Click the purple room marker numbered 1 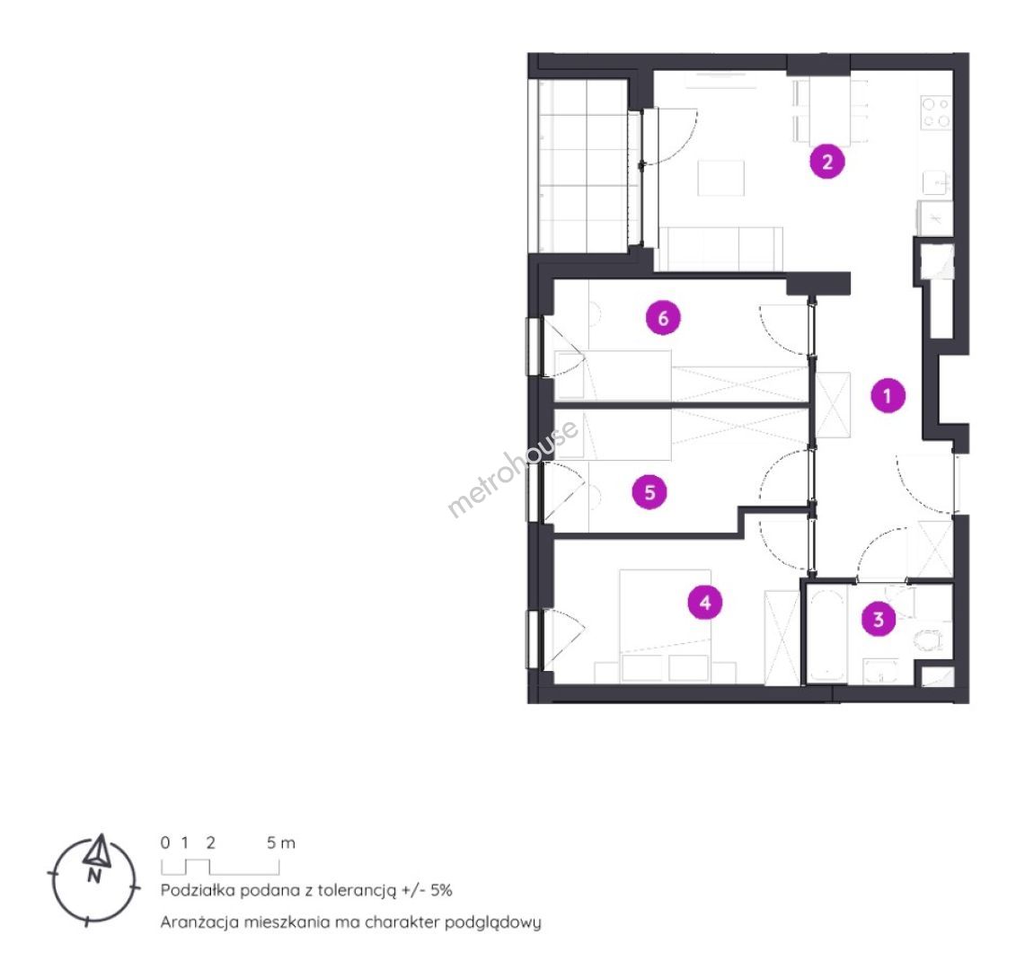click(x=887, y=396)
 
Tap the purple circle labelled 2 click(x=827, y=162)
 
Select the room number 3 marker click(x=879, y=619)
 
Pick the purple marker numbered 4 click(x=705, y=603)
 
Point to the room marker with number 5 click(x=650, y=492)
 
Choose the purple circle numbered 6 click(x=663, y=318)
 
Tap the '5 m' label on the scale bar click(x=281, y=842)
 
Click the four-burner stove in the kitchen click(x=936, y=112)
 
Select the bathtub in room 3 click(x=827, y=633)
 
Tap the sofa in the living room click(x=720, y=248)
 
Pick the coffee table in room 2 click(x=720, y=177)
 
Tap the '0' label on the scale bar click(x=165, y=842)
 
